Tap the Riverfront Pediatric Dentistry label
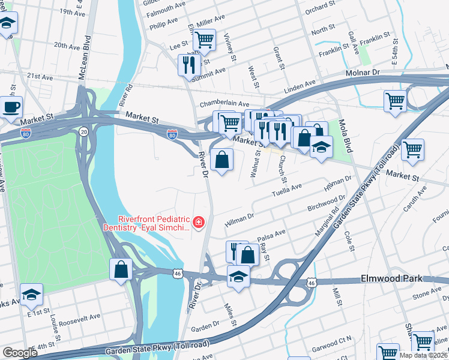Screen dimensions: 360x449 154,223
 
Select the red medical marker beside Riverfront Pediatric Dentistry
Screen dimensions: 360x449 198,224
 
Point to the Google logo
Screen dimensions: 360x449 20,353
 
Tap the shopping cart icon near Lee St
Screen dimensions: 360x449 205,40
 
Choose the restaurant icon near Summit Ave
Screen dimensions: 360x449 189,64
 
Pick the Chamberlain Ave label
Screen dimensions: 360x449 224,103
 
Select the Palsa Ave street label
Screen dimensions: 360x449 271,233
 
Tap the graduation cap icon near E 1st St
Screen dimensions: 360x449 31,295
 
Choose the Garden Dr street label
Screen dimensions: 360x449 205,328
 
